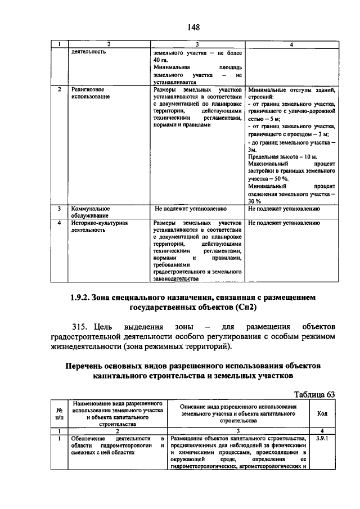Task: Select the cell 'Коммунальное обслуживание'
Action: [x=90, y=211]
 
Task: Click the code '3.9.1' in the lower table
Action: [x=322, y=437]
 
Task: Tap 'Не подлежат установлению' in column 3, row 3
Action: [x=191, y=208]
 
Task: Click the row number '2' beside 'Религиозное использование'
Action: [x=59, y=89]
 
